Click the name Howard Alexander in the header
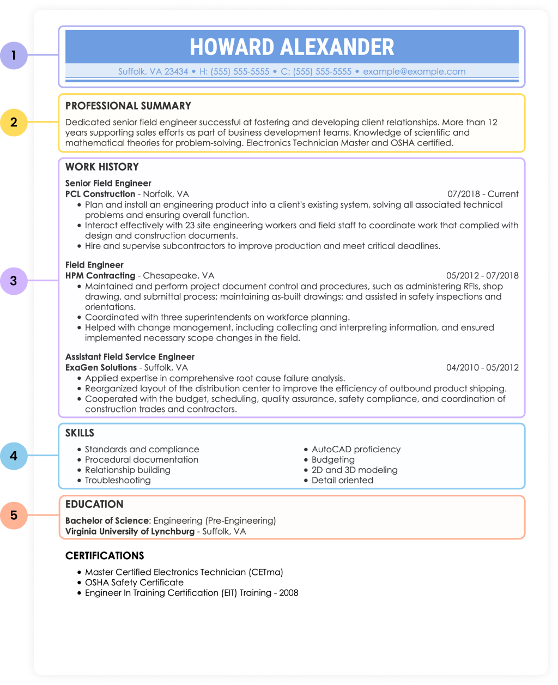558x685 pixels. [292, 47]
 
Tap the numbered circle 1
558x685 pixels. [14, 55]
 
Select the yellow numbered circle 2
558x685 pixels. [14, 122]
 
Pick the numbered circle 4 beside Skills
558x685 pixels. [14, 456]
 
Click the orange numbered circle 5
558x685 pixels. [14, 515]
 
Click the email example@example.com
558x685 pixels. [414, 71]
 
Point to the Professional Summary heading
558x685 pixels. [128, 106]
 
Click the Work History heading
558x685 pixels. [102, 167]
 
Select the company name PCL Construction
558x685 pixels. [100, 194]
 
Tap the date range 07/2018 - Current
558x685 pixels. [483, 194]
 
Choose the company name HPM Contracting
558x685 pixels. [100, 276]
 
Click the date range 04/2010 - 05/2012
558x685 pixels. [482, 368]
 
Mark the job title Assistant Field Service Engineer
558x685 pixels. [130, 357]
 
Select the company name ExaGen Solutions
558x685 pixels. [101, 368]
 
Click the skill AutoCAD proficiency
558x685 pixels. [356, 450]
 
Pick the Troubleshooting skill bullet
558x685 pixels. [118, 481]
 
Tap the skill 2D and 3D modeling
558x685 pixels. [354, 470]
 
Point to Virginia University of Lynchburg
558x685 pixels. [130, 531]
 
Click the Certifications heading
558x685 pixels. [105, 556]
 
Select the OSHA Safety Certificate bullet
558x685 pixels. [134, 583]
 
